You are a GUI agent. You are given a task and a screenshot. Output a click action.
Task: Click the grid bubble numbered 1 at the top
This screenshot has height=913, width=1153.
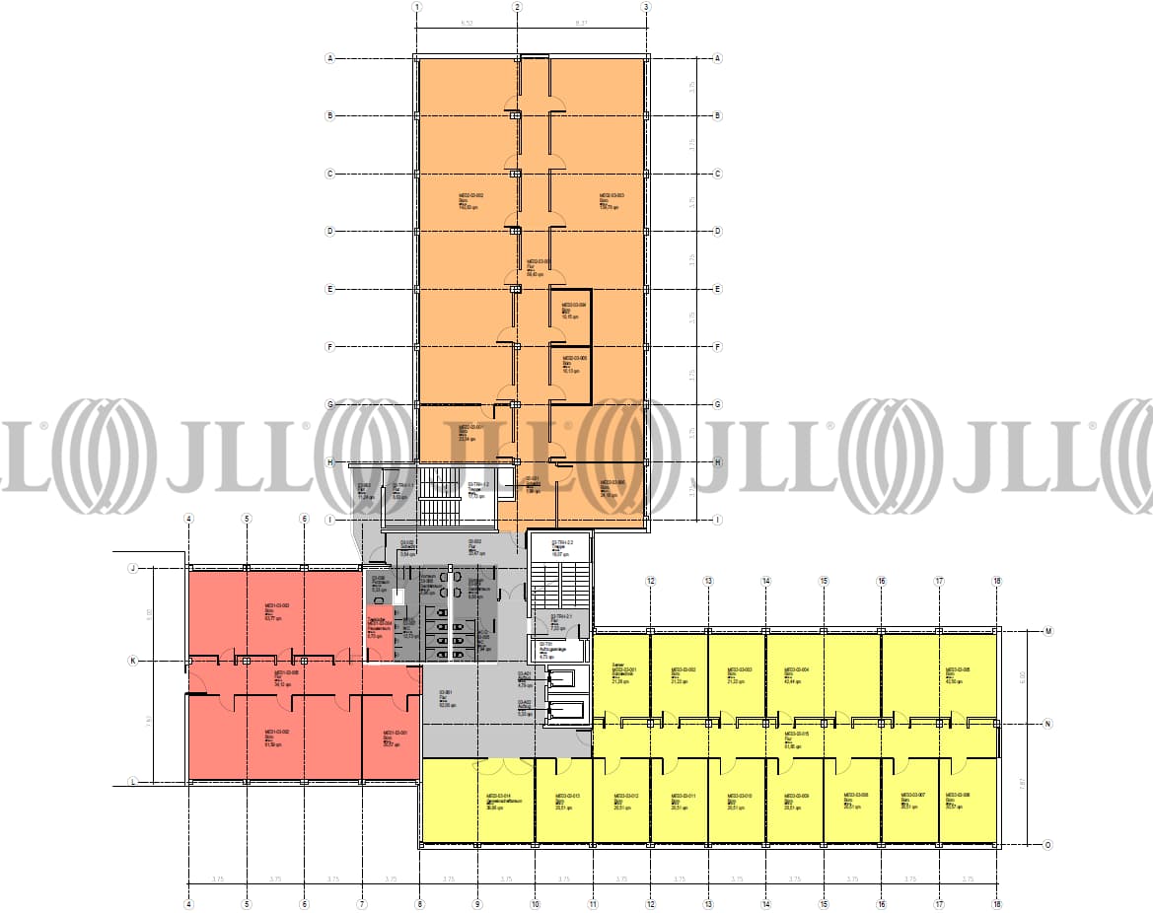[x=417, y=7]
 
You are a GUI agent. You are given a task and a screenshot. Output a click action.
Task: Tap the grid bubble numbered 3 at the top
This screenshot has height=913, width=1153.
[x=646, y=7]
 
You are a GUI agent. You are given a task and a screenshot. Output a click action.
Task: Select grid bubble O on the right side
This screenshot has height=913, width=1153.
[x=1047, y=844]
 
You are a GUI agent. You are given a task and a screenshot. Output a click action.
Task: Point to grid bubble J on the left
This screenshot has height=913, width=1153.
[x=131, y=569]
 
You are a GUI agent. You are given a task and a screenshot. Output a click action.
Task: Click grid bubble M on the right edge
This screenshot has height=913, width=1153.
[x=1047, y=631]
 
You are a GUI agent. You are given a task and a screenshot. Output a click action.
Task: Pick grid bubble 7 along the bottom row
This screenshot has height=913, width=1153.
[x=362, y=901]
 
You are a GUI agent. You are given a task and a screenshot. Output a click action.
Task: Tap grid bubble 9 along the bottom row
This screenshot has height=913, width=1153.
[x=476, y=901]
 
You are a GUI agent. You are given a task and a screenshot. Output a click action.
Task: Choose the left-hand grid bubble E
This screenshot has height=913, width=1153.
[x=330, y=289]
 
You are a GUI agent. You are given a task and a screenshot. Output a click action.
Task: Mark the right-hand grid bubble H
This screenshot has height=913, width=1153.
[x=718, y=462]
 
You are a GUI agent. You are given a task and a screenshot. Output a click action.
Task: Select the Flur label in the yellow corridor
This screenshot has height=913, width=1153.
[x=795, y=738]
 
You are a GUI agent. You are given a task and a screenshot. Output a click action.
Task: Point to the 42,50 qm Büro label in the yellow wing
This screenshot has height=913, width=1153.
[x=960, y=675]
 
